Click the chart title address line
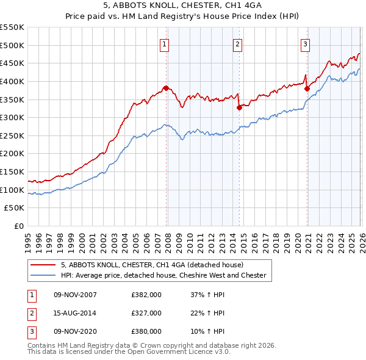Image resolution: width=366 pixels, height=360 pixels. click(x=182, y=6)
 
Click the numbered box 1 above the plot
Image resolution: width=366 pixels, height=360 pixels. click(x=165, y=43)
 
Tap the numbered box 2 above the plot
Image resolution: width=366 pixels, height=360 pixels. click(x=237, y=43)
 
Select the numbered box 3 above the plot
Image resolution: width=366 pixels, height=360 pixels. click(x=305, y=43)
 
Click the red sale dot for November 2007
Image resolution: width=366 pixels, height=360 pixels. click(x=166, y=88)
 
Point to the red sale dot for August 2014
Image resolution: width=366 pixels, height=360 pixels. click(x=239, y=108)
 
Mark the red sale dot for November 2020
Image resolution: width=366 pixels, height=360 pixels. click(x=307, y=88)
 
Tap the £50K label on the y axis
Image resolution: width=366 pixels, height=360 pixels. click(x=15, y=208)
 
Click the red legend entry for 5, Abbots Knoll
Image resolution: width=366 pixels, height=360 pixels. click(x=152, y=265)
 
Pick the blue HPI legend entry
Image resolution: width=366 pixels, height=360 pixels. click(x=163, y=275)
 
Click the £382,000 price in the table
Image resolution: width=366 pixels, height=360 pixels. click(x=146, y=295)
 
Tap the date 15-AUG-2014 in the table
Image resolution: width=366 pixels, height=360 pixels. click(x=74, y=313)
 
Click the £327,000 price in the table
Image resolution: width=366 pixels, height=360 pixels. click(x=146, y=313)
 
